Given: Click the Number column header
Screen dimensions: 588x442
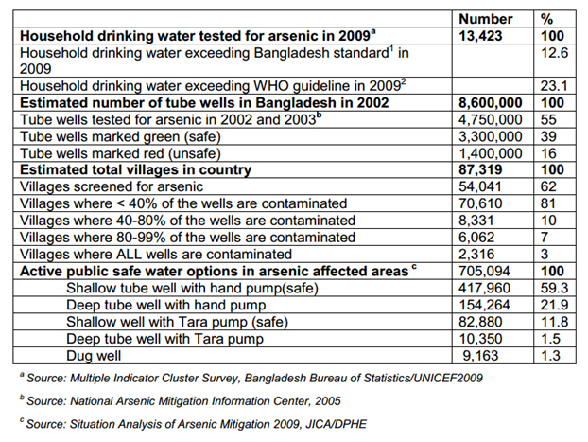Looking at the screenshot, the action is click(486, 19).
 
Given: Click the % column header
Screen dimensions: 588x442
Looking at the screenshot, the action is click(546, 19).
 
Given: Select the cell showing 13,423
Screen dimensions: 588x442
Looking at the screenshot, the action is click(480, 36).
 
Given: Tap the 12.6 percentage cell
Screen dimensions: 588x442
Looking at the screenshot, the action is click(554, 53).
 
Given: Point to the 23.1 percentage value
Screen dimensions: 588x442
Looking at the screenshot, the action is click(554, 86).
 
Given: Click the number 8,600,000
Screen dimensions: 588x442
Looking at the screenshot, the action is click(491, 102).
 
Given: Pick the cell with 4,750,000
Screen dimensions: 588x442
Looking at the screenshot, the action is click(491, 119).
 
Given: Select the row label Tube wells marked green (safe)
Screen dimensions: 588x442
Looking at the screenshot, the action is click(120, 136).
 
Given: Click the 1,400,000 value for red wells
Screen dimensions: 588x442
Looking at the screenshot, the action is click(491, 153).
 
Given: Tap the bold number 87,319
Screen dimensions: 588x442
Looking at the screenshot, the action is click(480, 169).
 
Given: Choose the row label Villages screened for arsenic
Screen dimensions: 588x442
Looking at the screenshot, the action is click(112, 186).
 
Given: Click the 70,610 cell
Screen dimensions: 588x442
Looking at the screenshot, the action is click(480, 203).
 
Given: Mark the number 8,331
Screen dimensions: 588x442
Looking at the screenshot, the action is click(476, 221).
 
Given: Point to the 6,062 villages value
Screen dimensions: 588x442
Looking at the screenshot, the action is click(476, 237).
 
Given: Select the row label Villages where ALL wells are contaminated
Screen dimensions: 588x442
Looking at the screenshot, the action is click(156, 255).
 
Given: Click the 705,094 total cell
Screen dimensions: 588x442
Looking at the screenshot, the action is click(485, 271).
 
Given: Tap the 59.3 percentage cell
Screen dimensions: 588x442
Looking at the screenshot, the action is click(554, 288).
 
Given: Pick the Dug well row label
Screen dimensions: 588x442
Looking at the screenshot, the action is click(94, 356).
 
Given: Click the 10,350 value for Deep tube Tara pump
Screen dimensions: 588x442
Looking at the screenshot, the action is click(481, 339).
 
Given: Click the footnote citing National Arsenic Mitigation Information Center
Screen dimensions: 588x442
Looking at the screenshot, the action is click(180, 401).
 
